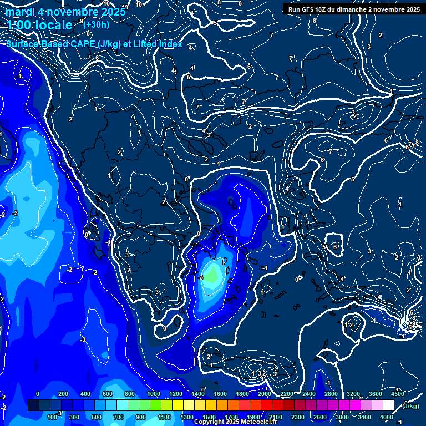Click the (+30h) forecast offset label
tap(96, 24)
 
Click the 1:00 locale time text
tap(39, 25)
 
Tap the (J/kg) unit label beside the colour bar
tap(410, 406)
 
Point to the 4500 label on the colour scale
tap(398, 394)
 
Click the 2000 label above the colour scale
tap(265, 394)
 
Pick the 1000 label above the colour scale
tap(153, 394)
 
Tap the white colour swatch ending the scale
tap(388, 405)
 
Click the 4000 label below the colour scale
tap(387, 417)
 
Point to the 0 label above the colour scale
tap(38, 394)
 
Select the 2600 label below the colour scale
tap(320, 417)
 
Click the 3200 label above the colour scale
tap(353, 394)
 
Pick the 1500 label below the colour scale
tap(209, 417)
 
